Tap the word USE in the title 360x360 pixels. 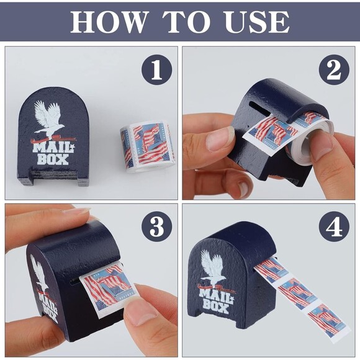(x=256, y=22)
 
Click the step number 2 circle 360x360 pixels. (x=334, y=70)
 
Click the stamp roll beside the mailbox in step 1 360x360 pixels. (x=148, y=146)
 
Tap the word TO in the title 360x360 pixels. (x=184, y=22)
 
